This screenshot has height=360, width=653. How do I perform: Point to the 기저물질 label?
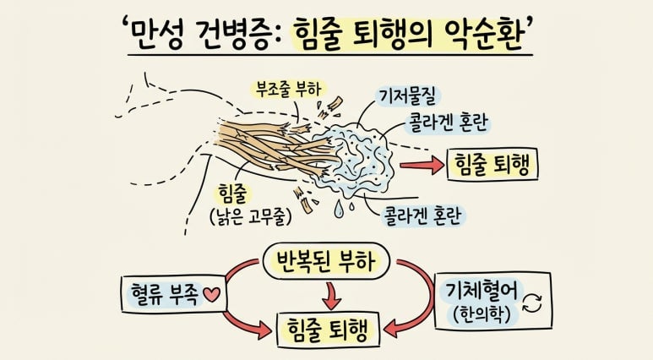coord(408,96)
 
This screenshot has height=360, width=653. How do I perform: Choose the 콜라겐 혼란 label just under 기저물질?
coord(449,123)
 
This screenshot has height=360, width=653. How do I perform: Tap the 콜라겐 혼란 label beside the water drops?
coord(423,215)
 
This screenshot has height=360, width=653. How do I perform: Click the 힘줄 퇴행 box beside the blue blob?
coord(492,164)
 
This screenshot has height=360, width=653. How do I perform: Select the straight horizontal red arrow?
coord(422,165)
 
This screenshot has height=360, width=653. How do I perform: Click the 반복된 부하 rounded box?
coord(326,261)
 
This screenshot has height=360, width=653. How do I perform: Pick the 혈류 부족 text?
coord(165,294)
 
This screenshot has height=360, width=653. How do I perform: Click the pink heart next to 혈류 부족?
coord(211,295)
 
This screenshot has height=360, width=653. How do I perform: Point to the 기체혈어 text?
coord(481,291)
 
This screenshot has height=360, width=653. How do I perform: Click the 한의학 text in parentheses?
coord(482,314)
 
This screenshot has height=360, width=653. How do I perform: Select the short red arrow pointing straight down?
coord(332,296)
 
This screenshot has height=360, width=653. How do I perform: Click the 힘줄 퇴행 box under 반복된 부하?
coord(329,330)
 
